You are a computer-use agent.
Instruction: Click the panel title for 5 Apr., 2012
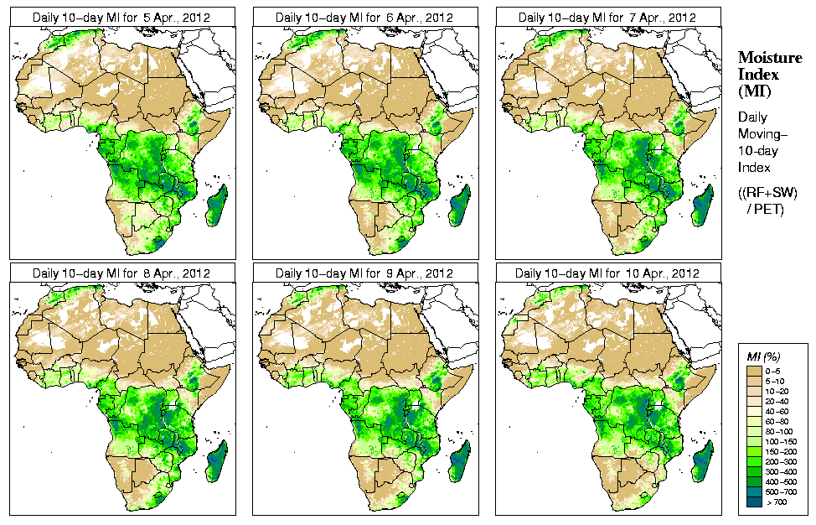(121, 17)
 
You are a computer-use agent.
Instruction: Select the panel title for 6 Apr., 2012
(364, 17)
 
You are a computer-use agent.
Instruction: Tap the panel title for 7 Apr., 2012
(607, 17)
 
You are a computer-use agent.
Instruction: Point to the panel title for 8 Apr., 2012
(121, 273)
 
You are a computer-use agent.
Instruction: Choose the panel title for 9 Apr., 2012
(364, 273)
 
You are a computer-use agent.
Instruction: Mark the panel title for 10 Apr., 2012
(607, 273)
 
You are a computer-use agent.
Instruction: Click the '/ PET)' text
(766, 209)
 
